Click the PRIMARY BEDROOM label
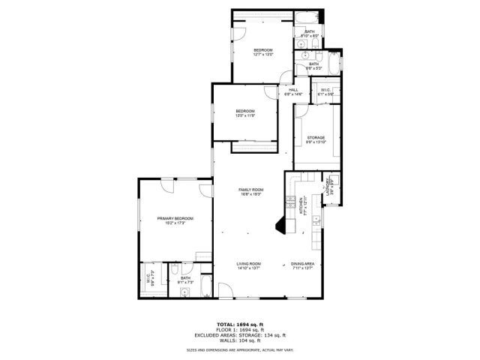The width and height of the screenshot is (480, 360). coord(175,218)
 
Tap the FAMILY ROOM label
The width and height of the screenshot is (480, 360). coord(251,190)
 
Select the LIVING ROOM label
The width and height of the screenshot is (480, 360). coord(248,264)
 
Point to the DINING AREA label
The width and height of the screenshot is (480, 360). coord(302,264)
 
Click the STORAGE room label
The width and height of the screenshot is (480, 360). coord(315,138)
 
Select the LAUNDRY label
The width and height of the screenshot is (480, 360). coord(328,190)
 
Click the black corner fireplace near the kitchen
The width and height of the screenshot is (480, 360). coord(282,225)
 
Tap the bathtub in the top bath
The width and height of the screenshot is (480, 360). coord(308,17)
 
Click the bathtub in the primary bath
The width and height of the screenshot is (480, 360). coord(205,286)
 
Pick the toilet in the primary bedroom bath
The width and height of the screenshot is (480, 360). coord(173,269)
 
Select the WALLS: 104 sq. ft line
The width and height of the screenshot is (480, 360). coord(240,340)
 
